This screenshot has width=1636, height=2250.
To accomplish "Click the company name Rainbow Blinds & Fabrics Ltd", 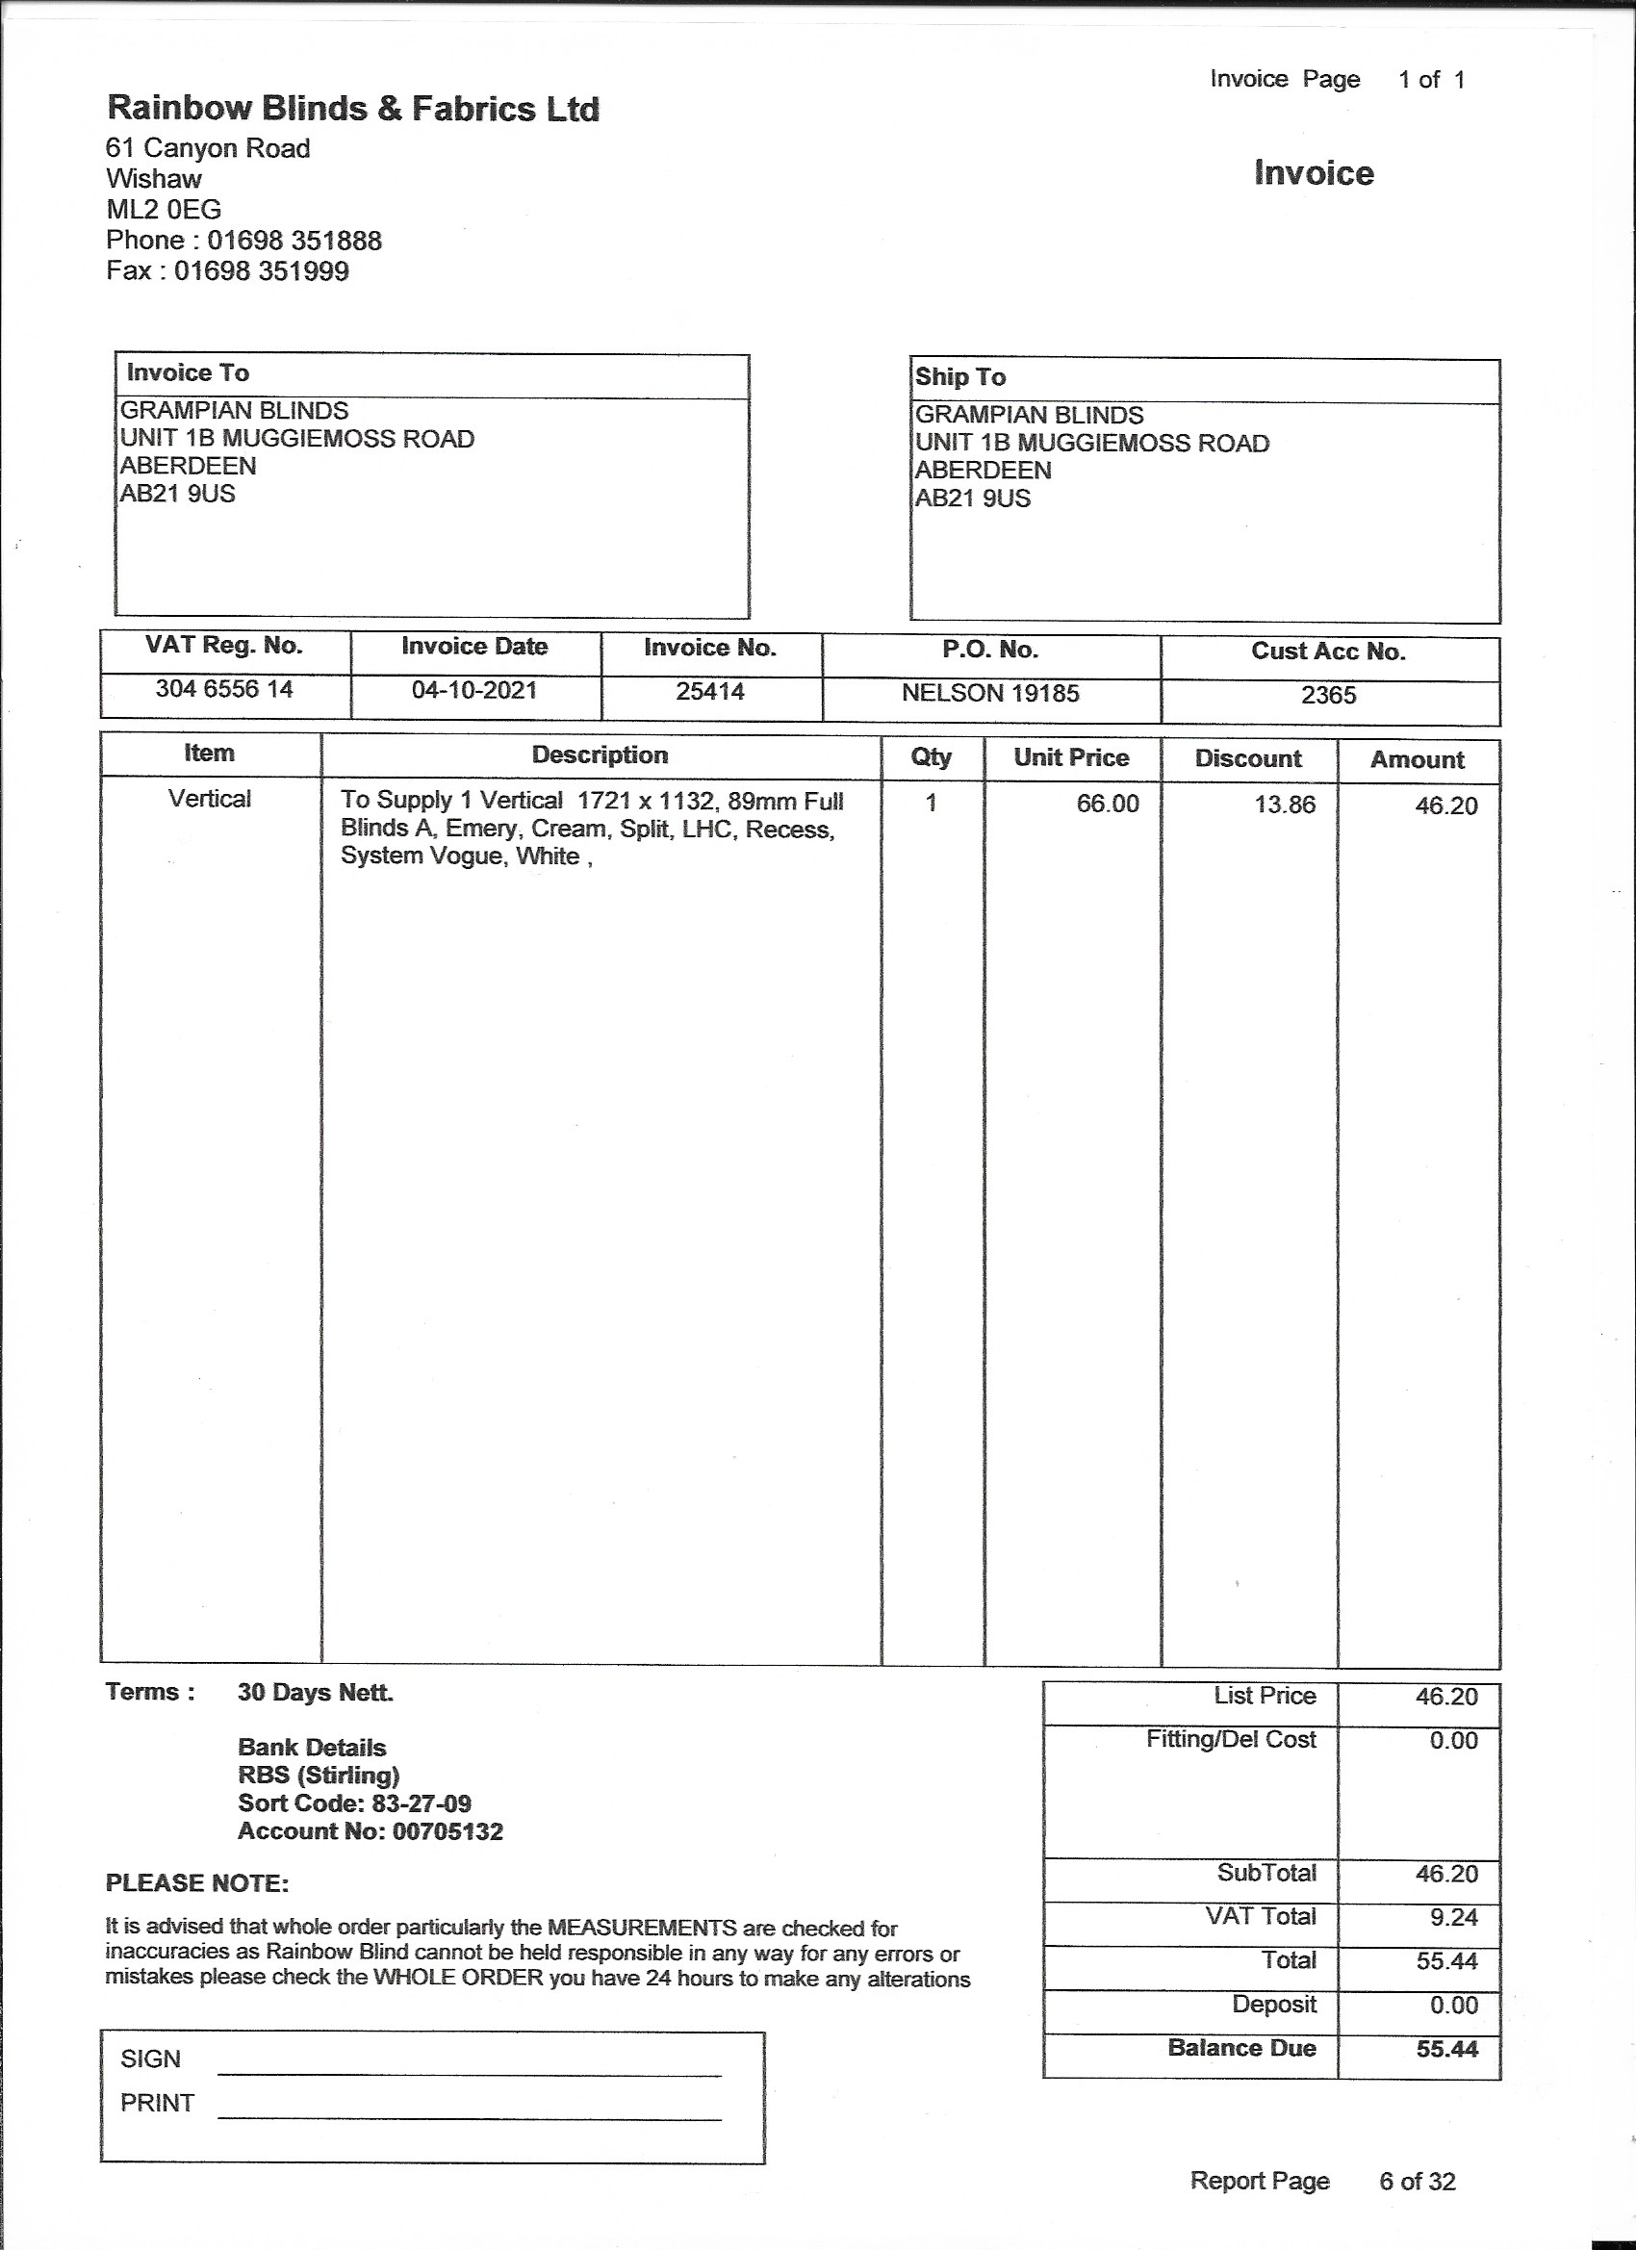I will pos(352,109).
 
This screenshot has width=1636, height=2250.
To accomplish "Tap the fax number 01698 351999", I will pos(261,271).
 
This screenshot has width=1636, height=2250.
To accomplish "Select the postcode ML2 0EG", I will pos(164,210).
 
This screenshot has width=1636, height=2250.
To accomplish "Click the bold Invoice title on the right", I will pos(1314,173).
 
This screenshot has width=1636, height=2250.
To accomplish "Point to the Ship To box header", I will pos(959,377).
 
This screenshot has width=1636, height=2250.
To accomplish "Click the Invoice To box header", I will pos(188,373).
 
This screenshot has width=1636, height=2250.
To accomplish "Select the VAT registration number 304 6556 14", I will pos(224,689).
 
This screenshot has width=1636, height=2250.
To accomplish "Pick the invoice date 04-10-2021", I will pos(474,690).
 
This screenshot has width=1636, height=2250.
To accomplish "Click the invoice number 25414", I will pos(710,692).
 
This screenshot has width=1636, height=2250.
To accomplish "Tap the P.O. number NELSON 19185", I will pos(990,694).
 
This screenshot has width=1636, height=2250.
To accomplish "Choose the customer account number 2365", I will pos(1328,696).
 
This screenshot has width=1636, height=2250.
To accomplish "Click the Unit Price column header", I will pos(1071,758).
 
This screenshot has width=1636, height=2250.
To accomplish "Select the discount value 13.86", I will pos(1285,805).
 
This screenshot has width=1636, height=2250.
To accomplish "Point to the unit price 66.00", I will pos(1109,804).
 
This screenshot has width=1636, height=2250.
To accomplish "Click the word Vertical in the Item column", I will pos(210,800).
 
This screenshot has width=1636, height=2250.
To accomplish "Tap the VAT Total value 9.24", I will pos(1453,1918).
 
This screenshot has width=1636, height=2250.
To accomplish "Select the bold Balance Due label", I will pos(1241,2048).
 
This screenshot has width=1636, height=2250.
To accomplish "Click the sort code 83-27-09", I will pos(421,1803).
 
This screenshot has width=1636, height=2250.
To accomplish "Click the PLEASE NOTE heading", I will pos(197,1883).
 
